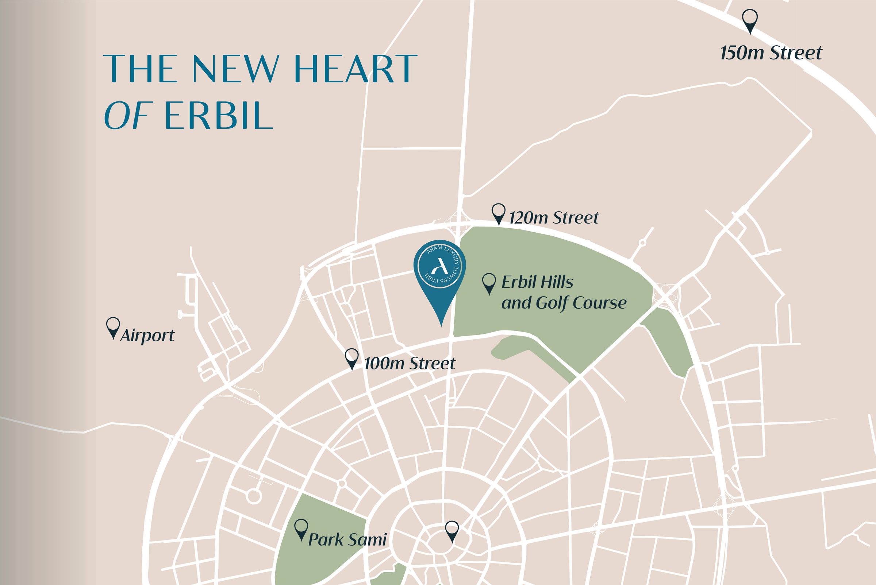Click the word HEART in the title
coord(356,69)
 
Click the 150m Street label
coord(771,53)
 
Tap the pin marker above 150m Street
coord(750,22)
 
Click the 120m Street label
coord(554,218)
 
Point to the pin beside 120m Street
coord(499,214)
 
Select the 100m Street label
coord(410,363)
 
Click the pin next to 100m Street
coord(351,359)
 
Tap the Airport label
coord(147,336)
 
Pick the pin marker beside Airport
coord(113,328)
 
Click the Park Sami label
coord(347,540)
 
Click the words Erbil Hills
coord(537,282)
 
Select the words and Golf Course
coord(564,303)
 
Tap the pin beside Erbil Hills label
coord(489,283)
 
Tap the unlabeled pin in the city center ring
coord(452,531)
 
